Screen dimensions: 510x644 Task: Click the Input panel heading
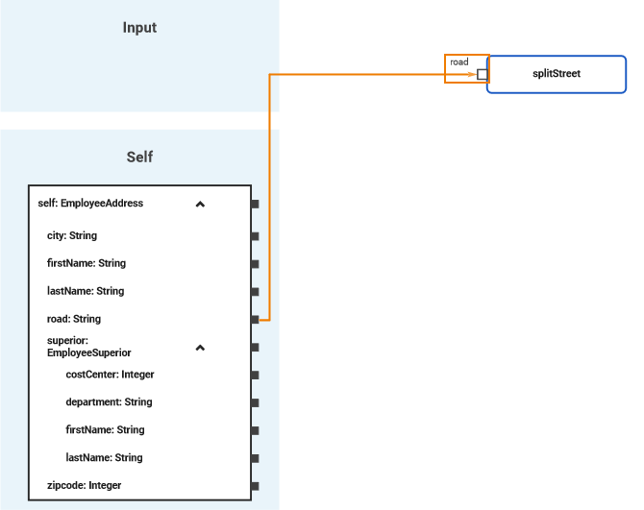coord(139,28)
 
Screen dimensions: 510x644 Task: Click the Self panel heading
coord(139,157)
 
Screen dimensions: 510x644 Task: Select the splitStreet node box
coord(557,73)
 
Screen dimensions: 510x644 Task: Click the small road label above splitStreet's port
coord(459,61)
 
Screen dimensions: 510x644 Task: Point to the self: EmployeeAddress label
coord(90,204)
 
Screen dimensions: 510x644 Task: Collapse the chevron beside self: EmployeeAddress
coord(200,204)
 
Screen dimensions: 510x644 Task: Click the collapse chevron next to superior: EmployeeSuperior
coord(200,347)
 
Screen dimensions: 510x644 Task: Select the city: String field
coord(72,235)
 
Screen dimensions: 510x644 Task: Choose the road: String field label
coord(74,319)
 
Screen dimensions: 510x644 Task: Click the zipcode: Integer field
coord(85,486)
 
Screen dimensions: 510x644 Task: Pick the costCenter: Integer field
coord(110,375)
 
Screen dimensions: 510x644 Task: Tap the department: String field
coord(109,402)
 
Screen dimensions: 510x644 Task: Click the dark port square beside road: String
coord(255,319)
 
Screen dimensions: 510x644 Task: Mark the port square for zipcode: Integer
coord(255,486)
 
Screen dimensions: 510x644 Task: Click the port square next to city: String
coord(255,235)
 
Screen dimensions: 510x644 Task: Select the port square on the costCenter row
coord(255,375)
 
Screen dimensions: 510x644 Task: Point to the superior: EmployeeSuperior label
coord(88,347)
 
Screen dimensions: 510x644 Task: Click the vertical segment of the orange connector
coord(270,192)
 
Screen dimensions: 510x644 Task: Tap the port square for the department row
coord(255,402)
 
